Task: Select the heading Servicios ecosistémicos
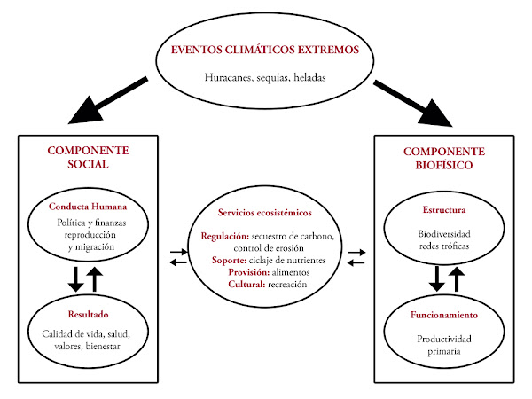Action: [266, 213]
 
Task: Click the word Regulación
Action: [225, 237]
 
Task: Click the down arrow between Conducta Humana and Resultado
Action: [75, 278]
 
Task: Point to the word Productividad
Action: [443, 339]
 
